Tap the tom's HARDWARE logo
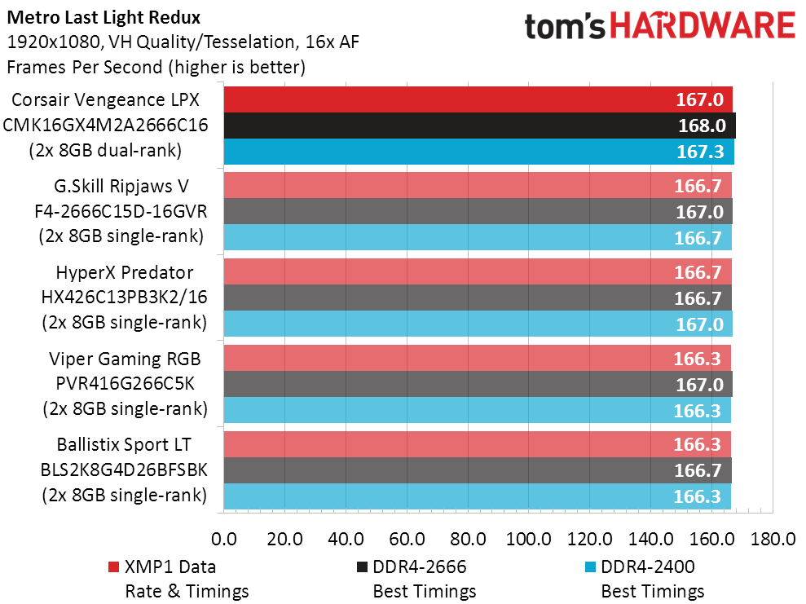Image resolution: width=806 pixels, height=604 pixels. (659, 26)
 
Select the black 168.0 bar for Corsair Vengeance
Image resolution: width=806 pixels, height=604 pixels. (479, 126)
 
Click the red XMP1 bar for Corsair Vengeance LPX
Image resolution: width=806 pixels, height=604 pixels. (478, 100)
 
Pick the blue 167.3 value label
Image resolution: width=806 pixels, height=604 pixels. (699, 152)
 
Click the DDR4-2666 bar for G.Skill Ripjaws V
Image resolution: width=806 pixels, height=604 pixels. (478, 212)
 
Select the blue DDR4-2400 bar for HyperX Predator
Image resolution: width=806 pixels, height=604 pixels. (478, 324)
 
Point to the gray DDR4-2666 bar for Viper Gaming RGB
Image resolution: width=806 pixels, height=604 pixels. (478, 383)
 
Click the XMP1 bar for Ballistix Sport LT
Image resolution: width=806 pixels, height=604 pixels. (477, 443)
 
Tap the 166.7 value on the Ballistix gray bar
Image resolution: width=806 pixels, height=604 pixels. (698, 470)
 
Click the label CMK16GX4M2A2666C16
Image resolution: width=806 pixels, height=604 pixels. (106, 126)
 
